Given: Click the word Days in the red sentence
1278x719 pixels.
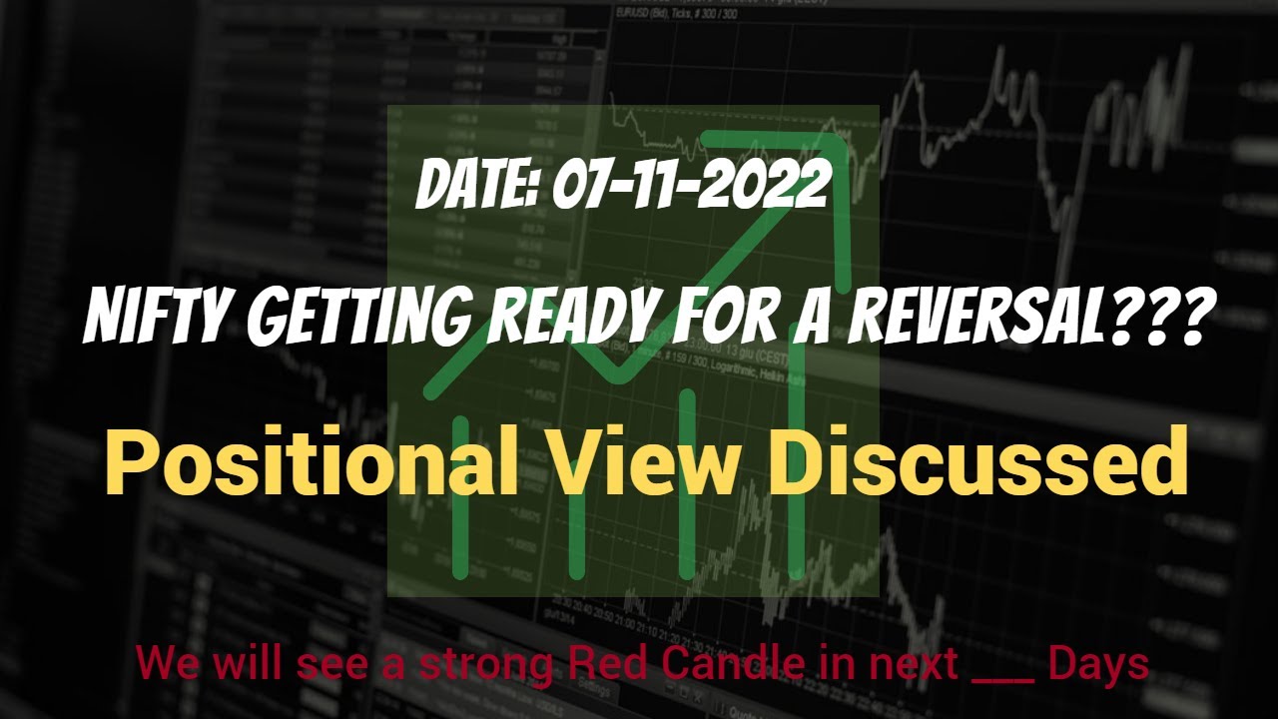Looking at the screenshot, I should click(x=1098, y=664).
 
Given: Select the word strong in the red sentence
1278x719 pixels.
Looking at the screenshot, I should click(x=486, y=664).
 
